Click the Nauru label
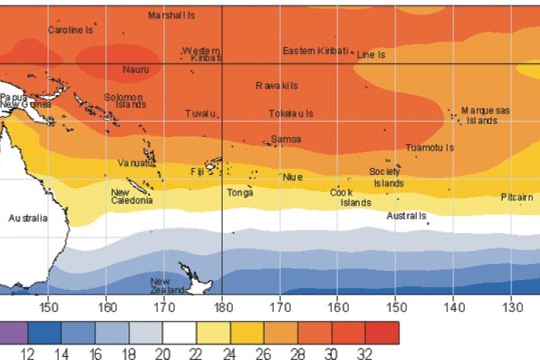point(136,69)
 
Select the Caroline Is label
point(70,30)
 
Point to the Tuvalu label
point(202,113)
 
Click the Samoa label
point(286,139)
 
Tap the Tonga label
point(240,193)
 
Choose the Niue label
point(293,177)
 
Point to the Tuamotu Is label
point(430,148)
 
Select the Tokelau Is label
point(291,113)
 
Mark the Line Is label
point(371,55)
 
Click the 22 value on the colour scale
point(196,352)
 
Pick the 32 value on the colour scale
point(365,352)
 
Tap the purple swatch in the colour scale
point(14,333)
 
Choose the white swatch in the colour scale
point(179,333)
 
